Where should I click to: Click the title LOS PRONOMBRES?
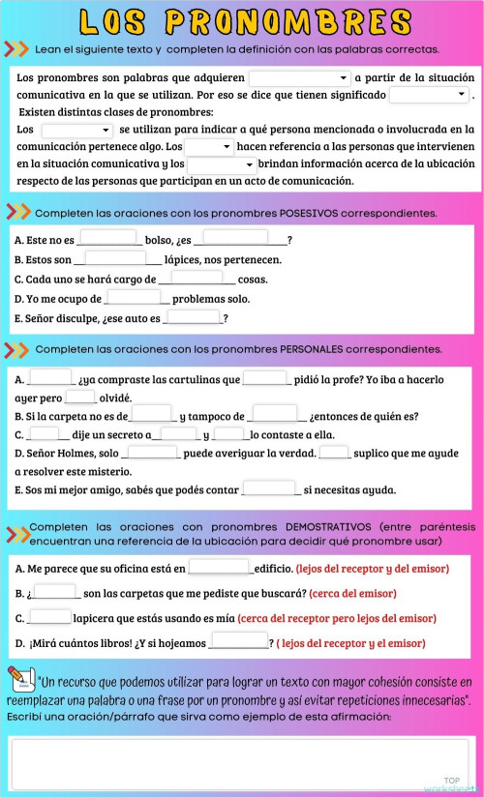242,21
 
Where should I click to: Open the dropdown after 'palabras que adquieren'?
300,78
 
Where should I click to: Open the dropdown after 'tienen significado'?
429,95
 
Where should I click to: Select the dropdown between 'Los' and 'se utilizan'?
76,130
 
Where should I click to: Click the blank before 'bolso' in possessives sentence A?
107,238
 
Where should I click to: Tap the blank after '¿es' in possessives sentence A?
236,238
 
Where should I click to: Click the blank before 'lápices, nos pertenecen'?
116,258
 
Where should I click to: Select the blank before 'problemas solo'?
134,298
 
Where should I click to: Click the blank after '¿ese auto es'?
194,317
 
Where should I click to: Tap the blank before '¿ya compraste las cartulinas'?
50,378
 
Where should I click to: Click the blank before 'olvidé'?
80,397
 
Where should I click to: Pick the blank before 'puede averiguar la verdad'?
151,452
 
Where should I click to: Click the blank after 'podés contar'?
269,488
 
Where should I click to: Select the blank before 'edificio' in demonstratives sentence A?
220,568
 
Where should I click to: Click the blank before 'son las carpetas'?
56,592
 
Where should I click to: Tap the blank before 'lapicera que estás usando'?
49,617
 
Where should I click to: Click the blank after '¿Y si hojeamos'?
239,641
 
